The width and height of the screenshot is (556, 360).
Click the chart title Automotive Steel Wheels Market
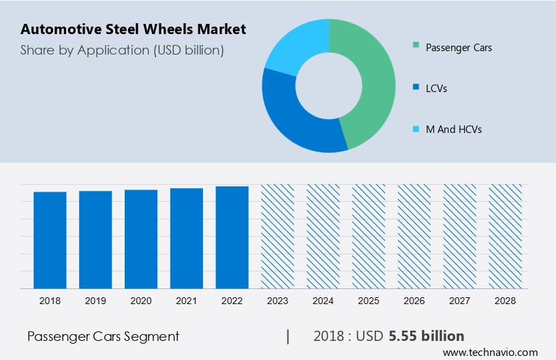(x=133, y=30)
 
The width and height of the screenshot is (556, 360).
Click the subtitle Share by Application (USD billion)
(x=122, y=50)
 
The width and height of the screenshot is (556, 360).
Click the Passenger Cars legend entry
(x=458, y=48)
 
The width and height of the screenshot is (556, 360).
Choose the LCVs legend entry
(x=436, y=88)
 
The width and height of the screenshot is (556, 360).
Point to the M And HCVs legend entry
(x=453, y=129)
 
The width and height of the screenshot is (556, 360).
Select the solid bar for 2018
(x=50, y=240)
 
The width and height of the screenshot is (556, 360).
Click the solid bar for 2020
(x=141, y=239)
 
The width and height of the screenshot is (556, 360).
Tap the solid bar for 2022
(x=232, y=237)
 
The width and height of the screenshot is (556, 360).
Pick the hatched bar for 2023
(x=278, y=236)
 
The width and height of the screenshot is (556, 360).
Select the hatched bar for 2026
(x=414, y=236)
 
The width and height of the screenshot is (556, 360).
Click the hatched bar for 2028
(x=506, y=236)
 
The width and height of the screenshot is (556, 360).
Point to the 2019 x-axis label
(x=95, y=300)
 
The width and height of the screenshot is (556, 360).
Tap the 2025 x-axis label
(x=369, y=300)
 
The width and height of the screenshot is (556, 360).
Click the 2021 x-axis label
(x=187, y=300)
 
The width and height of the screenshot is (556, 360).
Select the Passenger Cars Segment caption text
(x=103, y=336)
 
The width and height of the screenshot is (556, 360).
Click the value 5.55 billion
(x=427, y=336)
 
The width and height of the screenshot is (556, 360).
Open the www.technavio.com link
(x=490, y=352)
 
